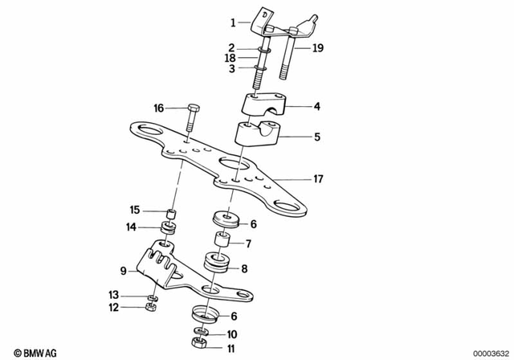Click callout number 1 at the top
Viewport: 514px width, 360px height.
click(235, 22)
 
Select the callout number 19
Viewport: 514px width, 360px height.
click(318, 48)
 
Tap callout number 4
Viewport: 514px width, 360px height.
click(316, 105)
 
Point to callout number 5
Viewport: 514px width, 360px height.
click(316, 137)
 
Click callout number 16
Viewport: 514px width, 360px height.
click(158, 107)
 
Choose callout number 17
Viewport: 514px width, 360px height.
click(318, 178)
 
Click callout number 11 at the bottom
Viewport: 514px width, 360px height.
click(231, 349)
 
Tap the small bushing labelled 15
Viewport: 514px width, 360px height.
click(169, 214)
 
